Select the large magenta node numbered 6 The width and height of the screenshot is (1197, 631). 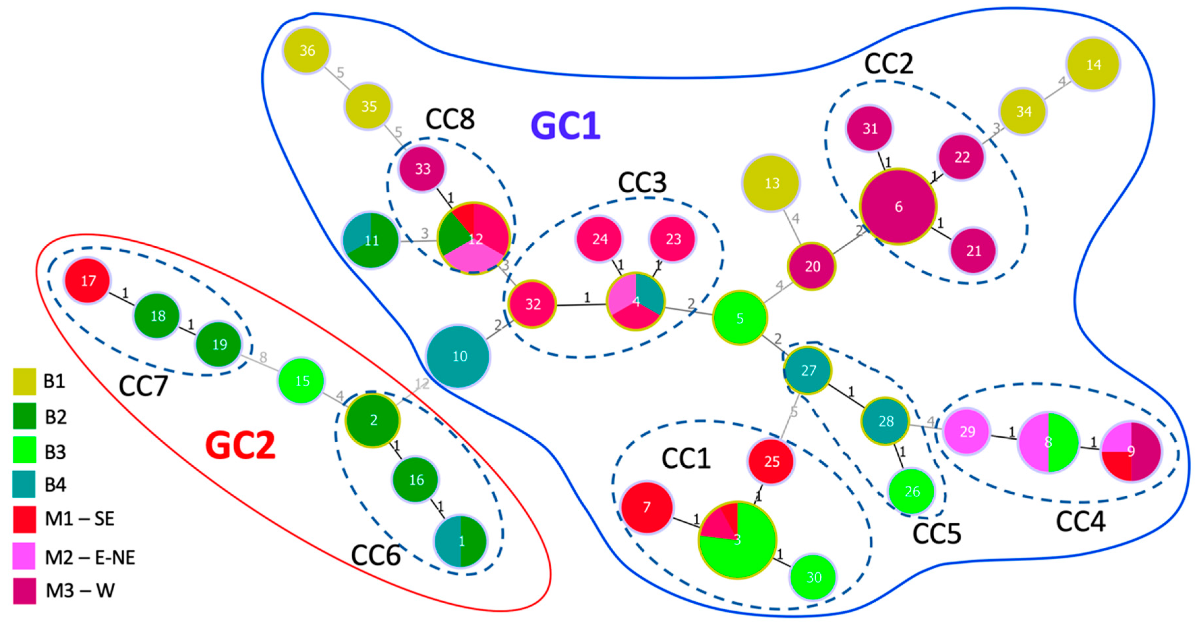coord(898,206)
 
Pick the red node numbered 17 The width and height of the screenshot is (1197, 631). coord(87,281)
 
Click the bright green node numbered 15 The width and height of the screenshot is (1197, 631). coord(301,381)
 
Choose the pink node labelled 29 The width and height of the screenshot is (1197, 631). coord(967,432)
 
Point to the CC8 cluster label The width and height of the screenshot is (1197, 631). coord(450,119)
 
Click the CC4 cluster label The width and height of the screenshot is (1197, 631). coord(1080,521)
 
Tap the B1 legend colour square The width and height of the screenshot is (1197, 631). coord(24,381)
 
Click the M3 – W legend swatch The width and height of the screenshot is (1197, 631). coord(24,590)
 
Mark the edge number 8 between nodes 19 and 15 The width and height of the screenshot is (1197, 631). coord(263,357)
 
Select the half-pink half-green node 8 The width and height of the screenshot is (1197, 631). coord(1048,442)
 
